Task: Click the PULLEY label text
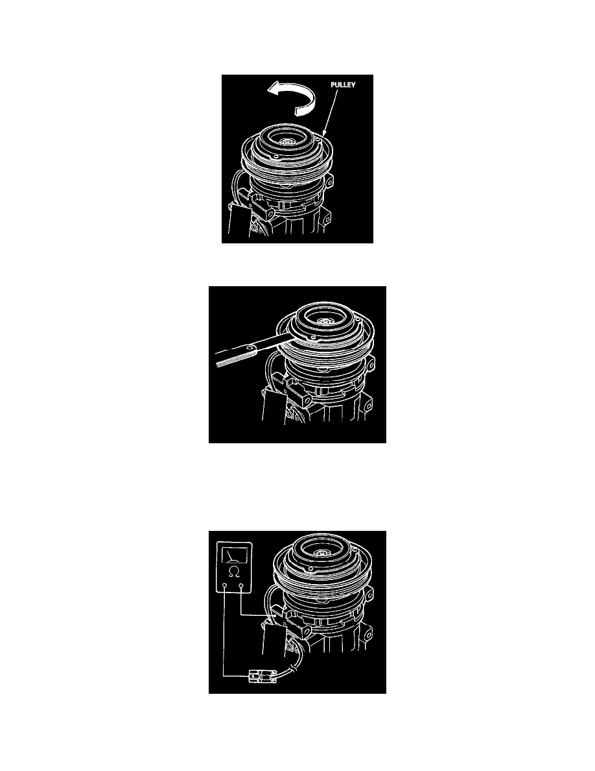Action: [x=343, y=84]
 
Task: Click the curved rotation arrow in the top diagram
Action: [x=292, y=94]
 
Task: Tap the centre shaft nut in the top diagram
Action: [x=285, y=141]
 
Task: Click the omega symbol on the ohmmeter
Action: [x=235, y=571]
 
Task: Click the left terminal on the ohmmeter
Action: [x=224, y=585]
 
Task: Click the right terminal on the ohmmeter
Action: [x=242, y=585]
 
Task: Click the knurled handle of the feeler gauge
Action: [x=230, y=359]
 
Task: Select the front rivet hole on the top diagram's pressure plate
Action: [x=276, y=157]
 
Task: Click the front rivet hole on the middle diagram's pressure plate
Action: [x=312, y=337]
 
